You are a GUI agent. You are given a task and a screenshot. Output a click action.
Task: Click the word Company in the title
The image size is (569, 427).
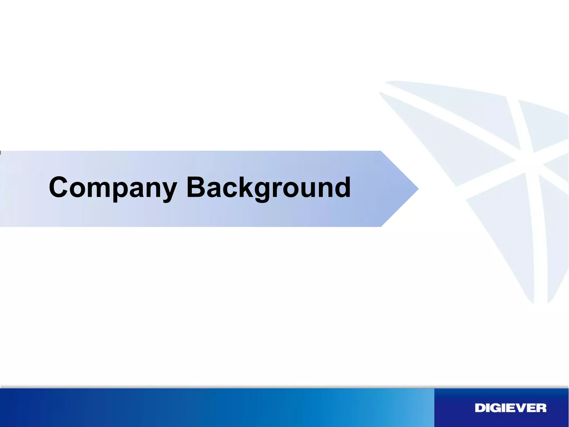[x=113, y=188]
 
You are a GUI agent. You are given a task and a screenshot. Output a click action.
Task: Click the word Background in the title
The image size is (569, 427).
[x=268, y=188]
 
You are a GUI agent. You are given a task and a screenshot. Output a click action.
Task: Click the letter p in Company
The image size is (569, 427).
[x=124, y=191]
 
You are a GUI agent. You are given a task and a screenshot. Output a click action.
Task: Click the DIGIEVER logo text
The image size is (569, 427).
[x=510, y=408]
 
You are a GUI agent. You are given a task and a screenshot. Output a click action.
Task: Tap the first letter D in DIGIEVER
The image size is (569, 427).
[x=480, y=408]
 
